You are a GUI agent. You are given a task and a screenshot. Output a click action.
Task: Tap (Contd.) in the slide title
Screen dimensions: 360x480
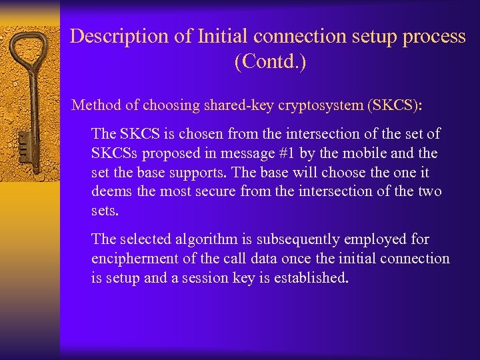270,63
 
